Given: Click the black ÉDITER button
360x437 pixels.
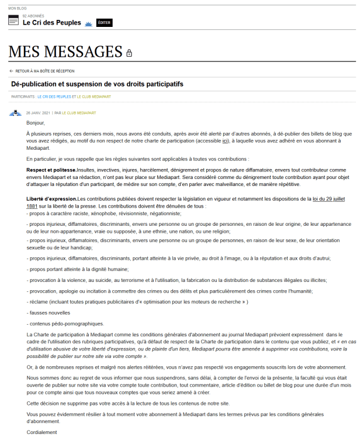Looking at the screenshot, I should pyautogui.click(x=104, y=22).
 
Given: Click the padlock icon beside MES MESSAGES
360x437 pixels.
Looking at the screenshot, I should pyautogui.click(x=129, y=53).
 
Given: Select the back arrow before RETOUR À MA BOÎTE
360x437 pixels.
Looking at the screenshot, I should pyautogui.click(x=11, y=71).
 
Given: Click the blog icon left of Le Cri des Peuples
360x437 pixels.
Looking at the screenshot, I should pyautogui.click(x=13, y=20).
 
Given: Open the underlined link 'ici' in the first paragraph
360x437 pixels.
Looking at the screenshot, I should pyautogui.click(x=226, y=141).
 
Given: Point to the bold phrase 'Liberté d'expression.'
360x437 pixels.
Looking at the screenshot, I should pyautogui.click(x=52, y=199).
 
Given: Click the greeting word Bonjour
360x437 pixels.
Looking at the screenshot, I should pyautogui.click(x=36, y=123).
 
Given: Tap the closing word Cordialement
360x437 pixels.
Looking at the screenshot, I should pyautogui.click(x=42, y=432).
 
